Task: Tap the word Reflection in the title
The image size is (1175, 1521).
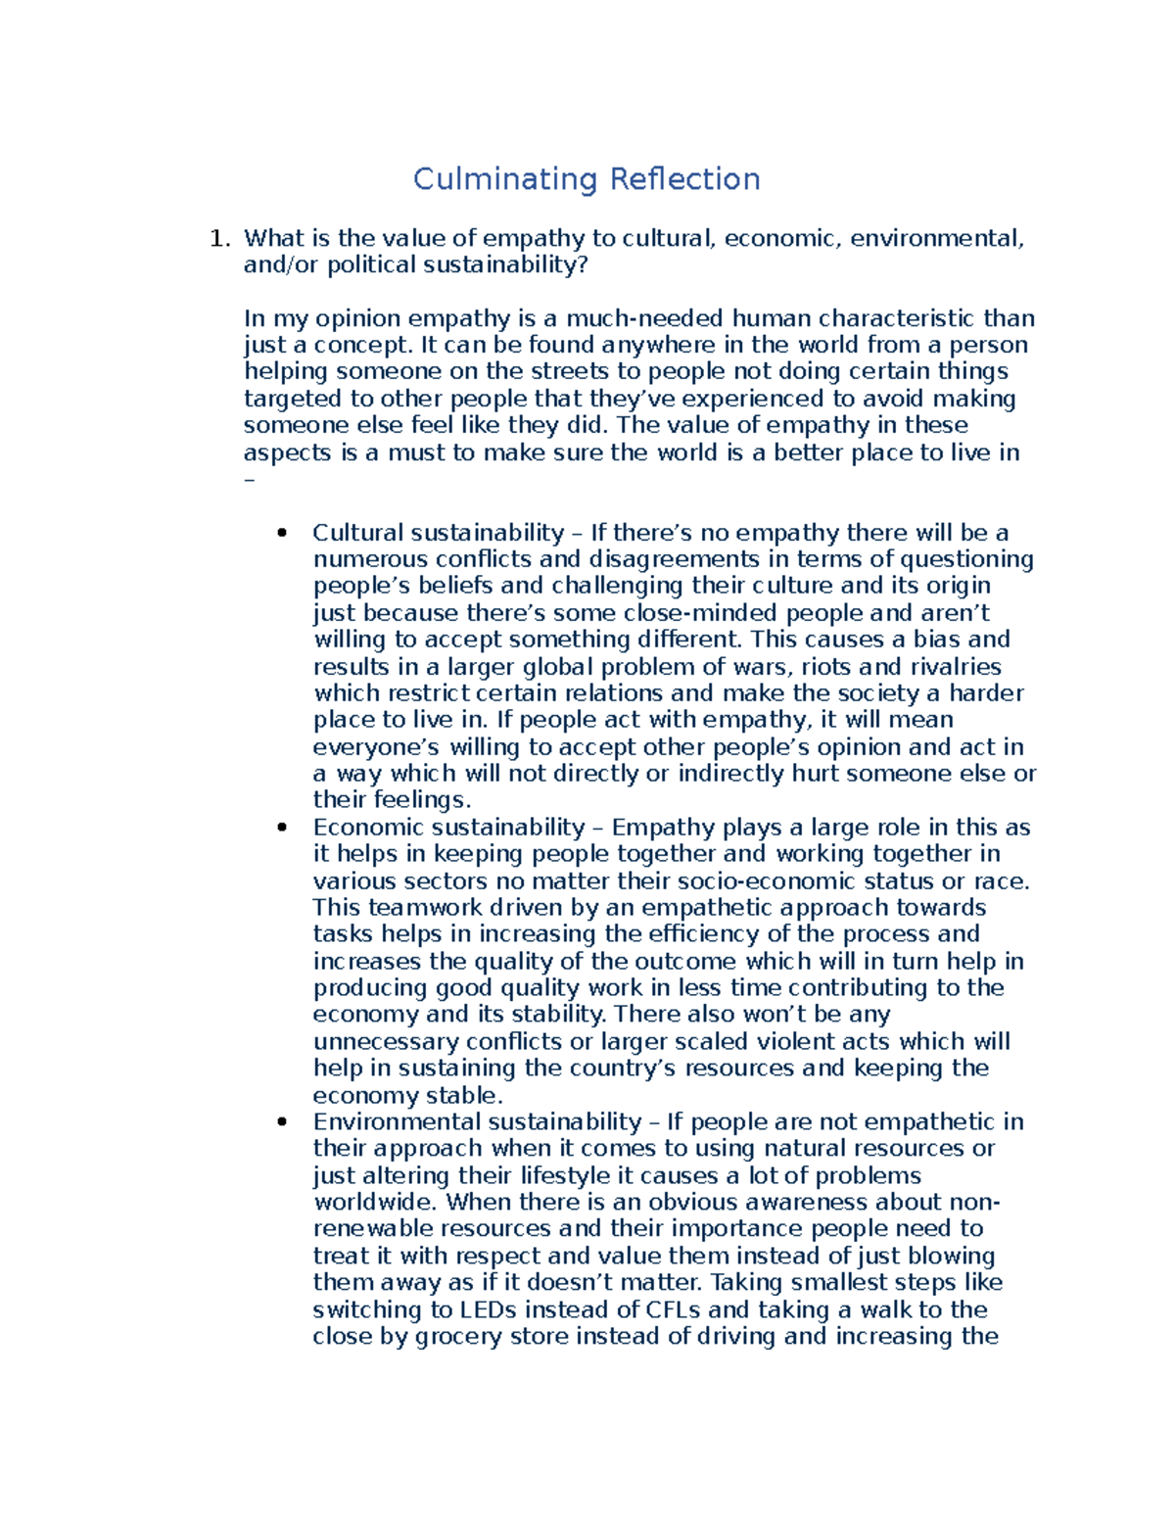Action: point(684,179)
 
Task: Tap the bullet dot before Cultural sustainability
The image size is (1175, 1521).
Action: point(282,533)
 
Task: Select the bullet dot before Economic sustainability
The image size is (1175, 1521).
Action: point(282,828)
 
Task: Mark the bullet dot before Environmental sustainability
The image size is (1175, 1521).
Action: point(282,1122)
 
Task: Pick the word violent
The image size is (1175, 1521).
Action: point(793,1041)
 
